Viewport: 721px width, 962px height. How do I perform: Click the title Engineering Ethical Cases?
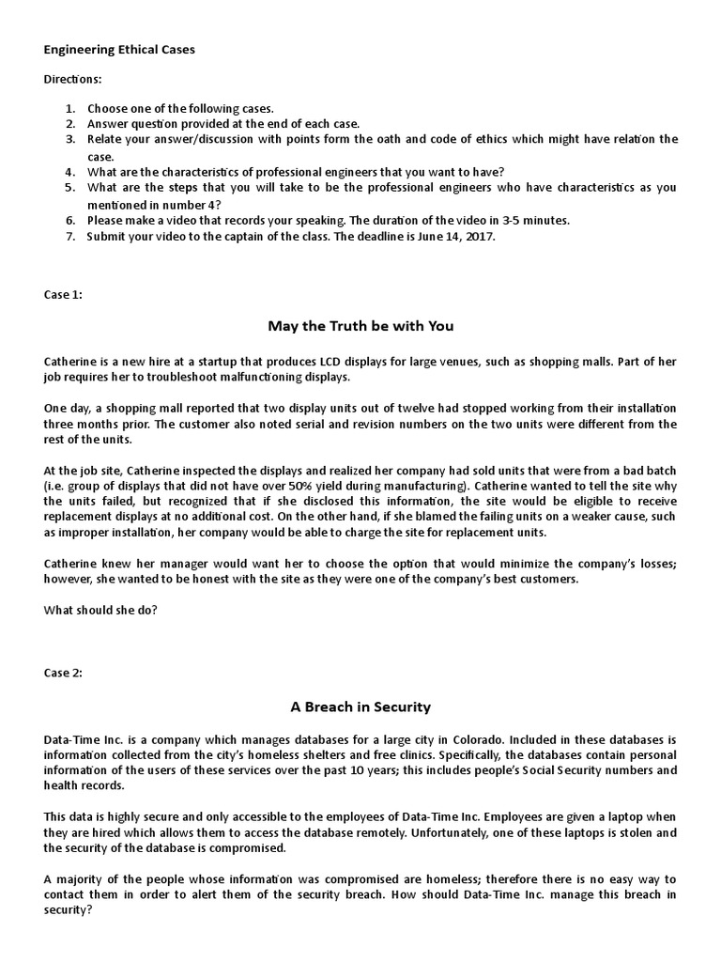(119, 50)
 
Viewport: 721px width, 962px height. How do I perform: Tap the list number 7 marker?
(69, 237)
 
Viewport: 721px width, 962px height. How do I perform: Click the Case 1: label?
(63, 294)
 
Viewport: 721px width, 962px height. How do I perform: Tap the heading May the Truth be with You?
(360, 326)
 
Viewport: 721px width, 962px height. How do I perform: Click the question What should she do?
(100, 610)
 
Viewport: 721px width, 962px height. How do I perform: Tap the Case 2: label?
(63, 673)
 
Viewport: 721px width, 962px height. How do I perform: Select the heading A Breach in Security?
(360, 706)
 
